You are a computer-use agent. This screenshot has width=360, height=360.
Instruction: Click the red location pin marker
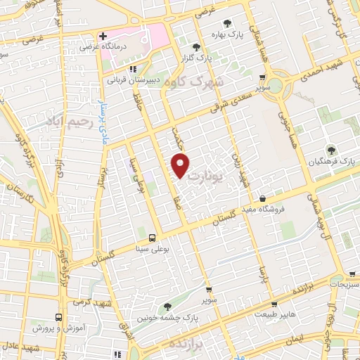click(181, 165)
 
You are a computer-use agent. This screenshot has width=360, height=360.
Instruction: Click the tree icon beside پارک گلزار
click(196, 47)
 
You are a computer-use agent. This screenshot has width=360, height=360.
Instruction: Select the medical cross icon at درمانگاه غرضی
click(103, 36)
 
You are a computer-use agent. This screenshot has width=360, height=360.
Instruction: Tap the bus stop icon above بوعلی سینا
click(151, 237)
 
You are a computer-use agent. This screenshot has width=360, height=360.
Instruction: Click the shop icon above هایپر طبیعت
click(274, 304)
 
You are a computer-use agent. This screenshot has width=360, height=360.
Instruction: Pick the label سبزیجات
click(343, 285)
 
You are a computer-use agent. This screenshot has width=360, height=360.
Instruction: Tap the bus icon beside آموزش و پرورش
click(59, 317)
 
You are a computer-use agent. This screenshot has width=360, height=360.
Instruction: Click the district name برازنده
click(209, 345)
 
